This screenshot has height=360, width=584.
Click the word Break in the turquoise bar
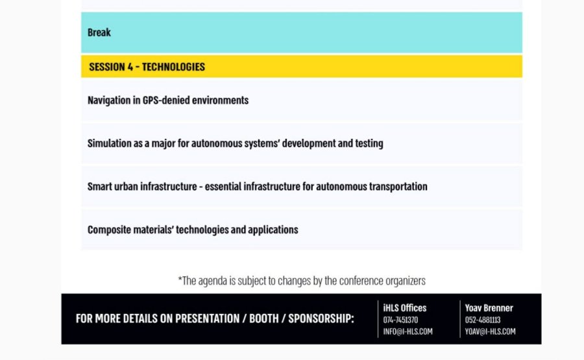click(x=99, y=32)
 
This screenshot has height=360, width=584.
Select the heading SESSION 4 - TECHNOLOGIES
click(x=147, y=67)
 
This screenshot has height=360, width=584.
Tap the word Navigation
click(x=109, y=101)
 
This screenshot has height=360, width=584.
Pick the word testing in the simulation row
click(x=369, y=144)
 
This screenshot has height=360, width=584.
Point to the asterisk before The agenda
click(x=180, y=278)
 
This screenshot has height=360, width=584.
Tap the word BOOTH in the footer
click(x=263, y=318)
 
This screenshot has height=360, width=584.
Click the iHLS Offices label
click(x=405, y=308)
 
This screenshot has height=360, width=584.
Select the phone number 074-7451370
click(x=400, y=320)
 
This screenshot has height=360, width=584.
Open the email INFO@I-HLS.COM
click(x=408, y=331)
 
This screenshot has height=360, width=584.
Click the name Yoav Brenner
click(x=489, y=308)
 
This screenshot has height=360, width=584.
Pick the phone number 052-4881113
click(x=483, y=320)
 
